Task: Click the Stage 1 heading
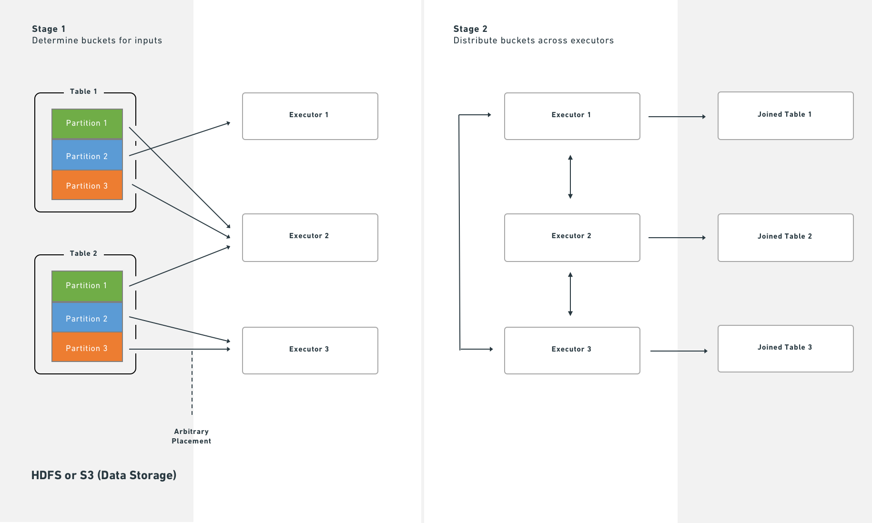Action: coord(49,29)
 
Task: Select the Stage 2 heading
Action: coord(470,29)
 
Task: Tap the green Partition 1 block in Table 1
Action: coord(87,123)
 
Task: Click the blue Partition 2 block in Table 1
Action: coord(87,156)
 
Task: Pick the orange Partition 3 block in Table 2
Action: coord(87,348)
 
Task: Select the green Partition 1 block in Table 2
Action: coord(87,285)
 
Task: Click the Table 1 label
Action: coord(83,91)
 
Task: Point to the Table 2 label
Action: coord(83,253)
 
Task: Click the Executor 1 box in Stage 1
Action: coord(310,116)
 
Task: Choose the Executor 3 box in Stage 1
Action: coord(310,350)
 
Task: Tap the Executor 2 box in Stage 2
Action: coord(572,237)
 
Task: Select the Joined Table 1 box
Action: coord(785,115)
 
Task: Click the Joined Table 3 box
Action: coord(785,348)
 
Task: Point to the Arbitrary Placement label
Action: coord(191,436)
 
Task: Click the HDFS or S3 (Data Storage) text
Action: coord(104,475)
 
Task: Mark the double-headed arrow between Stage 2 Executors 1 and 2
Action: coord(570,177)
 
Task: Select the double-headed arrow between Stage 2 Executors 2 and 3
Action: coord(570,294)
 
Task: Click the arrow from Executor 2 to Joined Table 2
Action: coord(677,237)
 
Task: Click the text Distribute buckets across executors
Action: coord(533,40)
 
